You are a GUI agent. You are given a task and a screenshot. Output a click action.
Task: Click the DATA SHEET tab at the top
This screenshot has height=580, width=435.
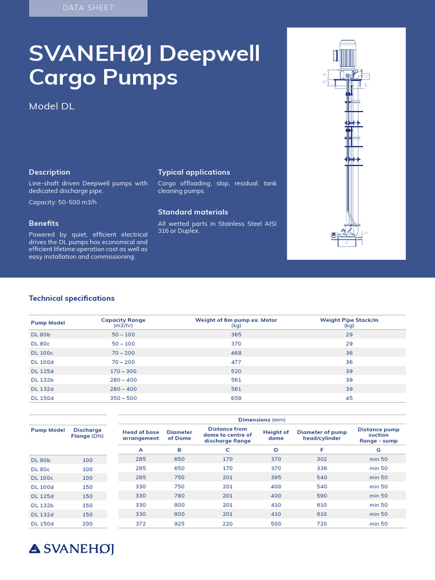point(88,8)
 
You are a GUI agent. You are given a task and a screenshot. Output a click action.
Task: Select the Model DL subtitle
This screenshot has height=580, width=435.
point(52,106)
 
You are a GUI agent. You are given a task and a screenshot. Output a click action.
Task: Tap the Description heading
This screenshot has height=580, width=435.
point(50,172)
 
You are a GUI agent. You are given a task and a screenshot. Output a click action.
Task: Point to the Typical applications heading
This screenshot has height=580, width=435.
point(194,172)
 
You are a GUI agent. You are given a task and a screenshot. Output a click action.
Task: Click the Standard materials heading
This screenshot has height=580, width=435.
point(193,212)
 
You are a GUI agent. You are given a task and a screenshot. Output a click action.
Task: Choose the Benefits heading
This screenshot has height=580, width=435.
point(44,223)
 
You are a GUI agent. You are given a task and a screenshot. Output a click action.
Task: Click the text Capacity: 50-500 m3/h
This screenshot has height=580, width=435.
point(63,202)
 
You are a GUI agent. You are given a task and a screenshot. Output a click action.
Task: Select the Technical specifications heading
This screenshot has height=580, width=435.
point(71,298)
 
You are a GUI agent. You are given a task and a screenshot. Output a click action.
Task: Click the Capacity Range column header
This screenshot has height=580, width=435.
point(123,322)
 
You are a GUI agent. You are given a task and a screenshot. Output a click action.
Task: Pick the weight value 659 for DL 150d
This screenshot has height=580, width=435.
point(236,398)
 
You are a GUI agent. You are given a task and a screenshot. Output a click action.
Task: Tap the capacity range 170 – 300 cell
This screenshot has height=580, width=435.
point(123,371)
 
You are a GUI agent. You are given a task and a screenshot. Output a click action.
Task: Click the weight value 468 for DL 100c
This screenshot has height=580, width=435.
point(236,353)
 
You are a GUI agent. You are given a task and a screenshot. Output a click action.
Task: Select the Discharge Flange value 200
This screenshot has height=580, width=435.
point(87,524)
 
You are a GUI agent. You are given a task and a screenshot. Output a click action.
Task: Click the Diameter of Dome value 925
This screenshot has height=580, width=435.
point(179,524)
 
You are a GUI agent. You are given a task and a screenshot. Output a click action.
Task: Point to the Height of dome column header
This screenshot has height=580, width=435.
point(276,435)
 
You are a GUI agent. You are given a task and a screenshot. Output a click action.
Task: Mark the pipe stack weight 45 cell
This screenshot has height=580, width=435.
point(349,398)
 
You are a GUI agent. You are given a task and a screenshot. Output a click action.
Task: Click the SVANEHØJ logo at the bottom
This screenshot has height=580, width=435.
point(71,548)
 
